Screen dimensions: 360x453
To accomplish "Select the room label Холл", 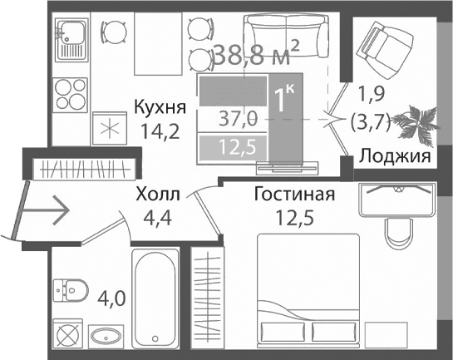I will point(157,195).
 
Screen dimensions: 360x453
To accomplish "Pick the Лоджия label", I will point(394,156).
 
